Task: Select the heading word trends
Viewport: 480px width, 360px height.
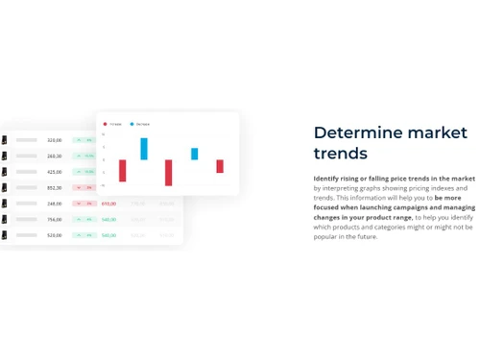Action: pos(341,153)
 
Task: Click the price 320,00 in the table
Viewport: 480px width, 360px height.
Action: pos(55,140)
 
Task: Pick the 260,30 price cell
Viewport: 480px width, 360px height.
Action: pos(55,156)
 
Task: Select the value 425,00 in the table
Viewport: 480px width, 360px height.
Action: pos(55,172)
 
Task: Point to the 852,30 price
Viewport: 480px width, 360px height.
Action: pos(55,188)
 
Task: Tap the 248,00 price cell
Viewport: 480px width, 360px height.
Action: pos(55,204)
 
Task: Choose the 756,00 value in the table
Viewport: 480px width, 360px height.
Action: pos(55,220)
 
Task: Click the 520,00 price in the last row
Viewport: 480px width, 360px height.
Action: pos(55,235)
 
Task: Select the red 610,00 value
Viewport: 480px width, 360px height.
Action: pos(108,204)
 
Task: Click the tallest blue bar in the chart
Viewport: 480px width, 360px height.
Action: pos(144,149)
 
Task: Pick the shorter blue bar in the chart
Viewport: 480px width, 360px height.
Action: pos(195,154)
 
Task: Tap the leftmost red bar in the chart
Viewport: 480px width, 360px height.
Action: pos(122,170)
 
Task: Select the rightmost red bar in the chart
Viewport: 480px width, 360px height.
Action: pos(220,166)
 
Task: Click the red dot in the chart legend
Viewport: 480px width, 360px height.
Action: pos(106,124)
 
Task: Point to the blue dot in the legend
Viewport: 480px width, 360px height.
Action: pos(132,124)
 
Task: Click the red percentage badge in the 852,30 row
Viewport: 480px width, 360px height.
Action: pos(84,188)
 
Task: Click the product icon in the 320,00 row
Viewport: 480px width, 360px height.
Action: pos(5,140)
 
